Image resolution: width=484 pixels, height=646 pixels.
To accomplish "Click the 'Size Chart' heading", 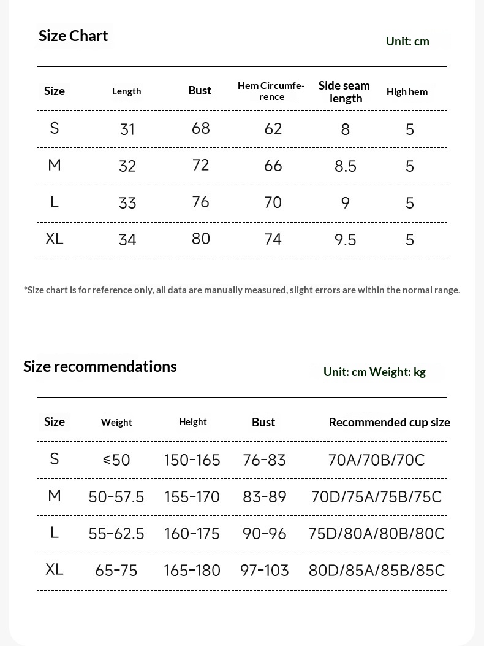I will [73, 36].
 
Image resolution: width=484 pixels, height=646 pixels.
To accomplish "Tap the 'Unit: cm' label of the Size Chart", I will [407, 41].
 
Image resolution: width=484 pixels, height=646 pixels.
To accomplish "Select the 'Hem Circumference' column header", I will [271, 91].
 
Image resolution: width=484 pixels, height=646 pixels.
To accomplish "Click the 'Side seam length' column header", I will [344, 91].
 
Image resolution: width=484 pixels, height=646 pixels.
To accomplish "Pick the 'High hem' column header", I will [407, 92].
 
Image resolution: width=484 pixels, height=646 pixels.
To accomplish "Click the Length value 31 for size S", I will [127, 129].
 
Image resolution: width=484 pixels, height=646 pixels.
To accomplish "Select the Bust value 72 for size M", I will [200, 165].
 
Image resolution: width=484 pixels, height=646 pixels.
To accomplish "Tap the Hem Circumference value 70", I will [273, 202].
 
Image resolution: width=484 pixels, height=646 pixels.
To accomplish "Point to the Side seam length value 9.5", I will [345, 239].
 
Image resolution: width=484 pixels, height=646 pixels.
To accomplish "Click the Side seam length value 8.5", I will [345, 166].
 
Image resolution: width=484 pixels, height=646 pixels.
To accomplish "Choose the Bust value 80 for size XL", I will [200, 239].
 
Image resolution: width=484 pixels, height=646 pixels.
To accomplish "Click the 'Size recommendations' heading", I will [100, 366].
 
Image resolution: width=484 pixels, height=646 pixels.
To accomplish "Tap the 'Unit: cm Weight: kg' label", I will [374, 372].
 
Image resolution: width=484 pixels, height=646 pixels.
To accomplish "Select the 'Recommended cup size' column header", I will [389, 422].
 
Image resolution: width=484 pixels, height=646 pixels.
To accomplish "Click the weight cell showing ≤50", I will [116, 460].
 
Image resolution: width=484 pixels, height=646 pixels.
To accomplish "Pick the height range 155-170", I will [192, 496].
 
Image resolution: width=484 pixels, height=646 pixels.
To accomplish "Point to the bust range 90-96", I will [264, 534].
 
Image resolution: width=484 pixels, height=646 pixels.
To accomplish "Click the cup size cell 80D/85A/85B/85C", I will [376, 571].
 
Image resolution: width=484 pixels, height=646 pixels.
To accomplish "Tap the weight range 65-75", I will [116, 571].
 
